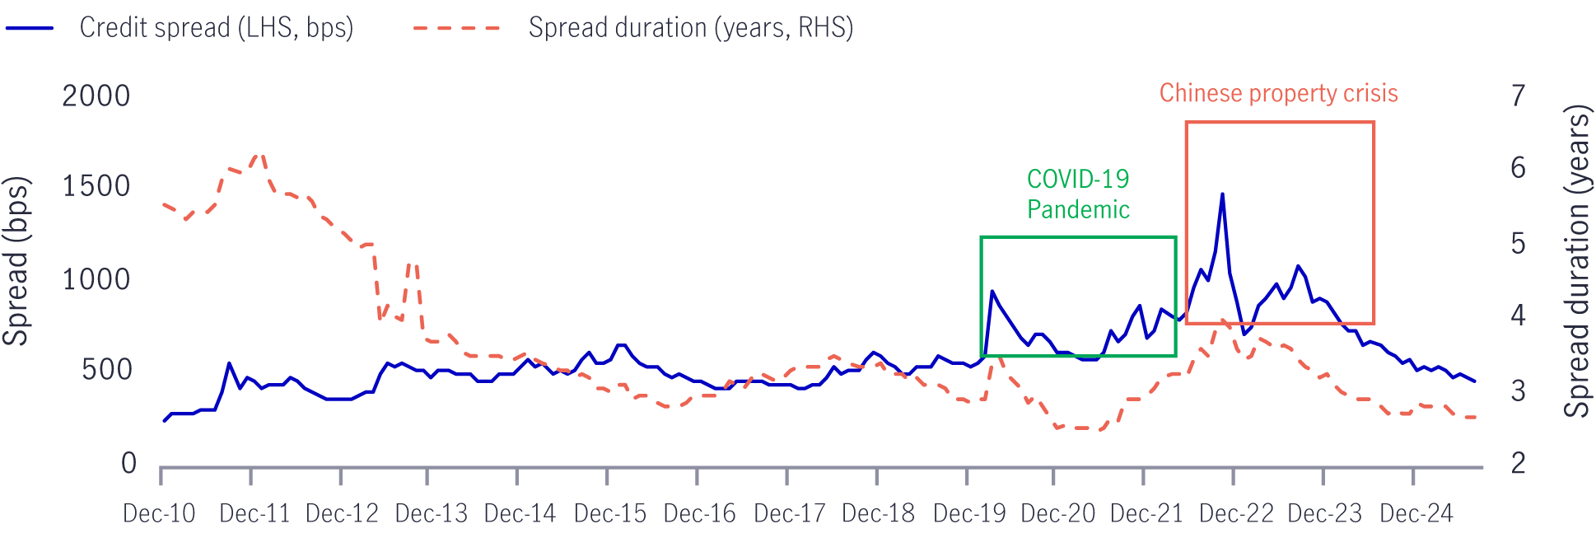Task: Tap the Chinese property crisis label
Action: pos(1278,93)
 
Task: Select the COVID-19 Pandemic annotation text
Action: pos(1078,194)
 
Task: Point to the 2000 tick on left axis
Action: pos(96,96)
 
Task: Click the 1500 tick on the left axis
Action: pos(96,186)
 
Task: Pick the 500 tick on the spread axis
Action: pos(107,370)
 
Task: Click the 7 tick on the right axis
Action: pos(1518,96)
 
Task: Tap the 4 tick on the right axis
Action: pos(1518,315)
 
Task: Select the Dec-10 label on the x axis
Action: pos(159,513)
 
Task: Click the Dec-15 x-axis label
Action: pos(610,513)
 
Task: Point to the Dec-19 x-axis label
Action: pos(969,513)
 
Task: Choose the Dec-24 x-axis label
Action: pos(1416,513)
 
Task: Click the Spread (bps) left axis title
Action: pos(16,261)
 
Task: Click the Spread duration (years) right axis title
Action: pos(1578,261)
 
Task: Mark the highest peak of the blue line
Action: pos(1222,194)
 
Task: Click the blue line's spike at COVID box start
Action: pos(992,291)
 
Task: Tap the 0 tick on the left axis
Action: pos(128,463)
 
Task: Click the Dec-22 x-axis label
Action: pos(1236,513)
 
